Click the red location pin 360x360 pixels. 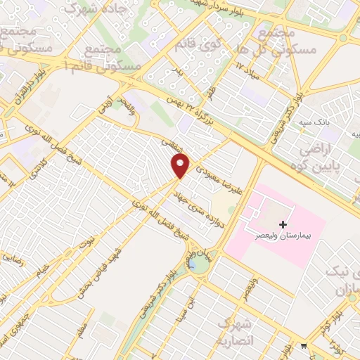[x=181, y=165]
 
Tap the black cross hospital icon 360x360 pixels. [x=283, y=225]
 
